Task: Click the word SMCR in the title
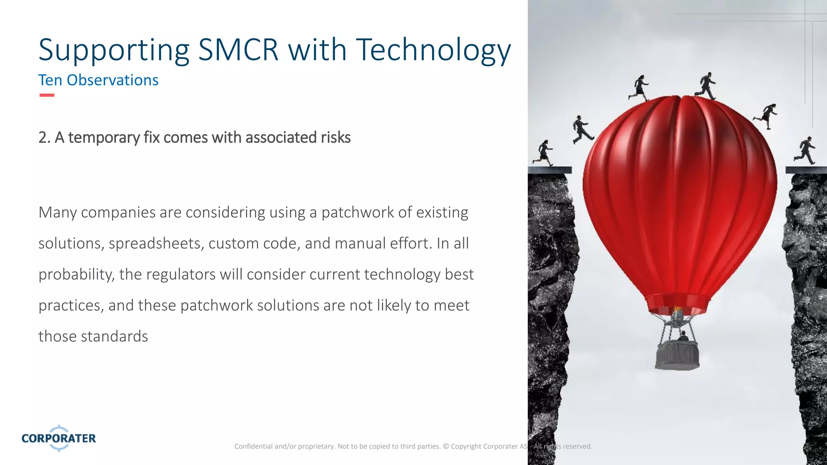(238, 50)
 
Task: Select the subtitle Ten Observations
(98, 80)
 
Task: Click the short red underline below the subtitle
(47, 95)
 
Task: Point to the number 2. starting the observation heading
(44, 138)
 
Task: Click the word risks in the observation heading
(336, 138)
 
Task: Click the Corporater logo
(59, 438)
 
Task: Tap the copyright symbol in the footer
(446, 446)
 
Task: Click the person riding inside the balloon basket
(683, 336)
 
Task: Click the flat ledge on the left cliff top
(550, 170)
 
